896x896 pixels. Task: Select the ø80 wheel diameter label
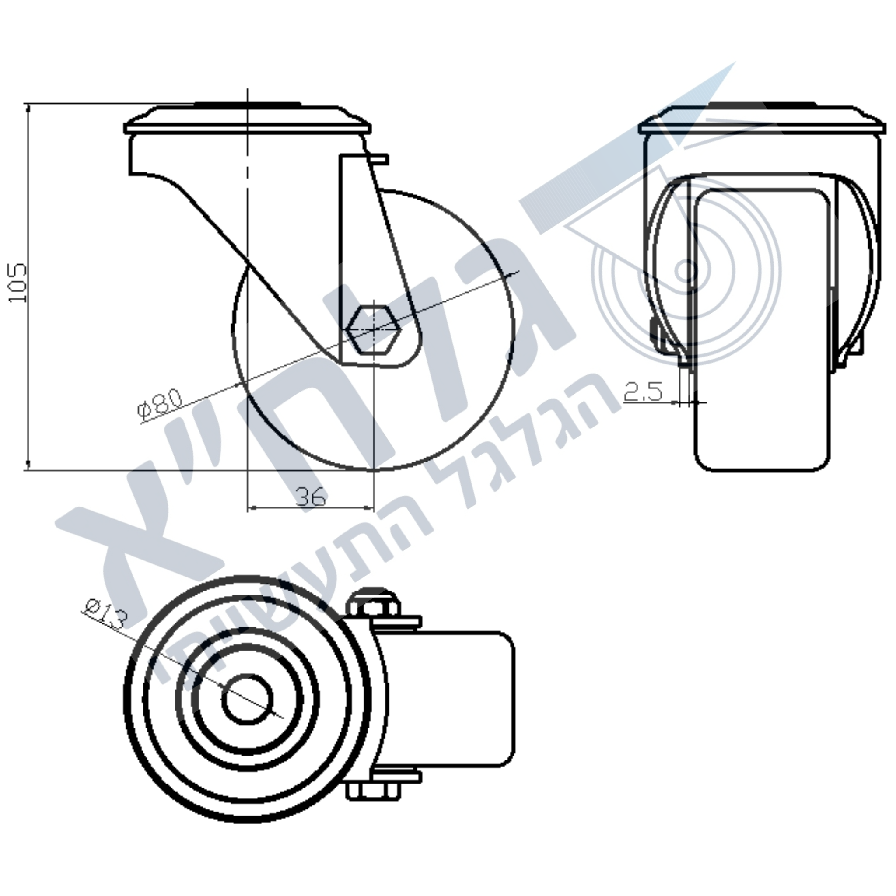161,405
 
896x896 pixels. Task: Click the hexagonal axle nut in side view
373,330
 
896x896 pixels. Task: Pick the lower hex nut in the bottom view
373,791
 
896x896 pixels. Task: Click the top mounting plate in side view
248,119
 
